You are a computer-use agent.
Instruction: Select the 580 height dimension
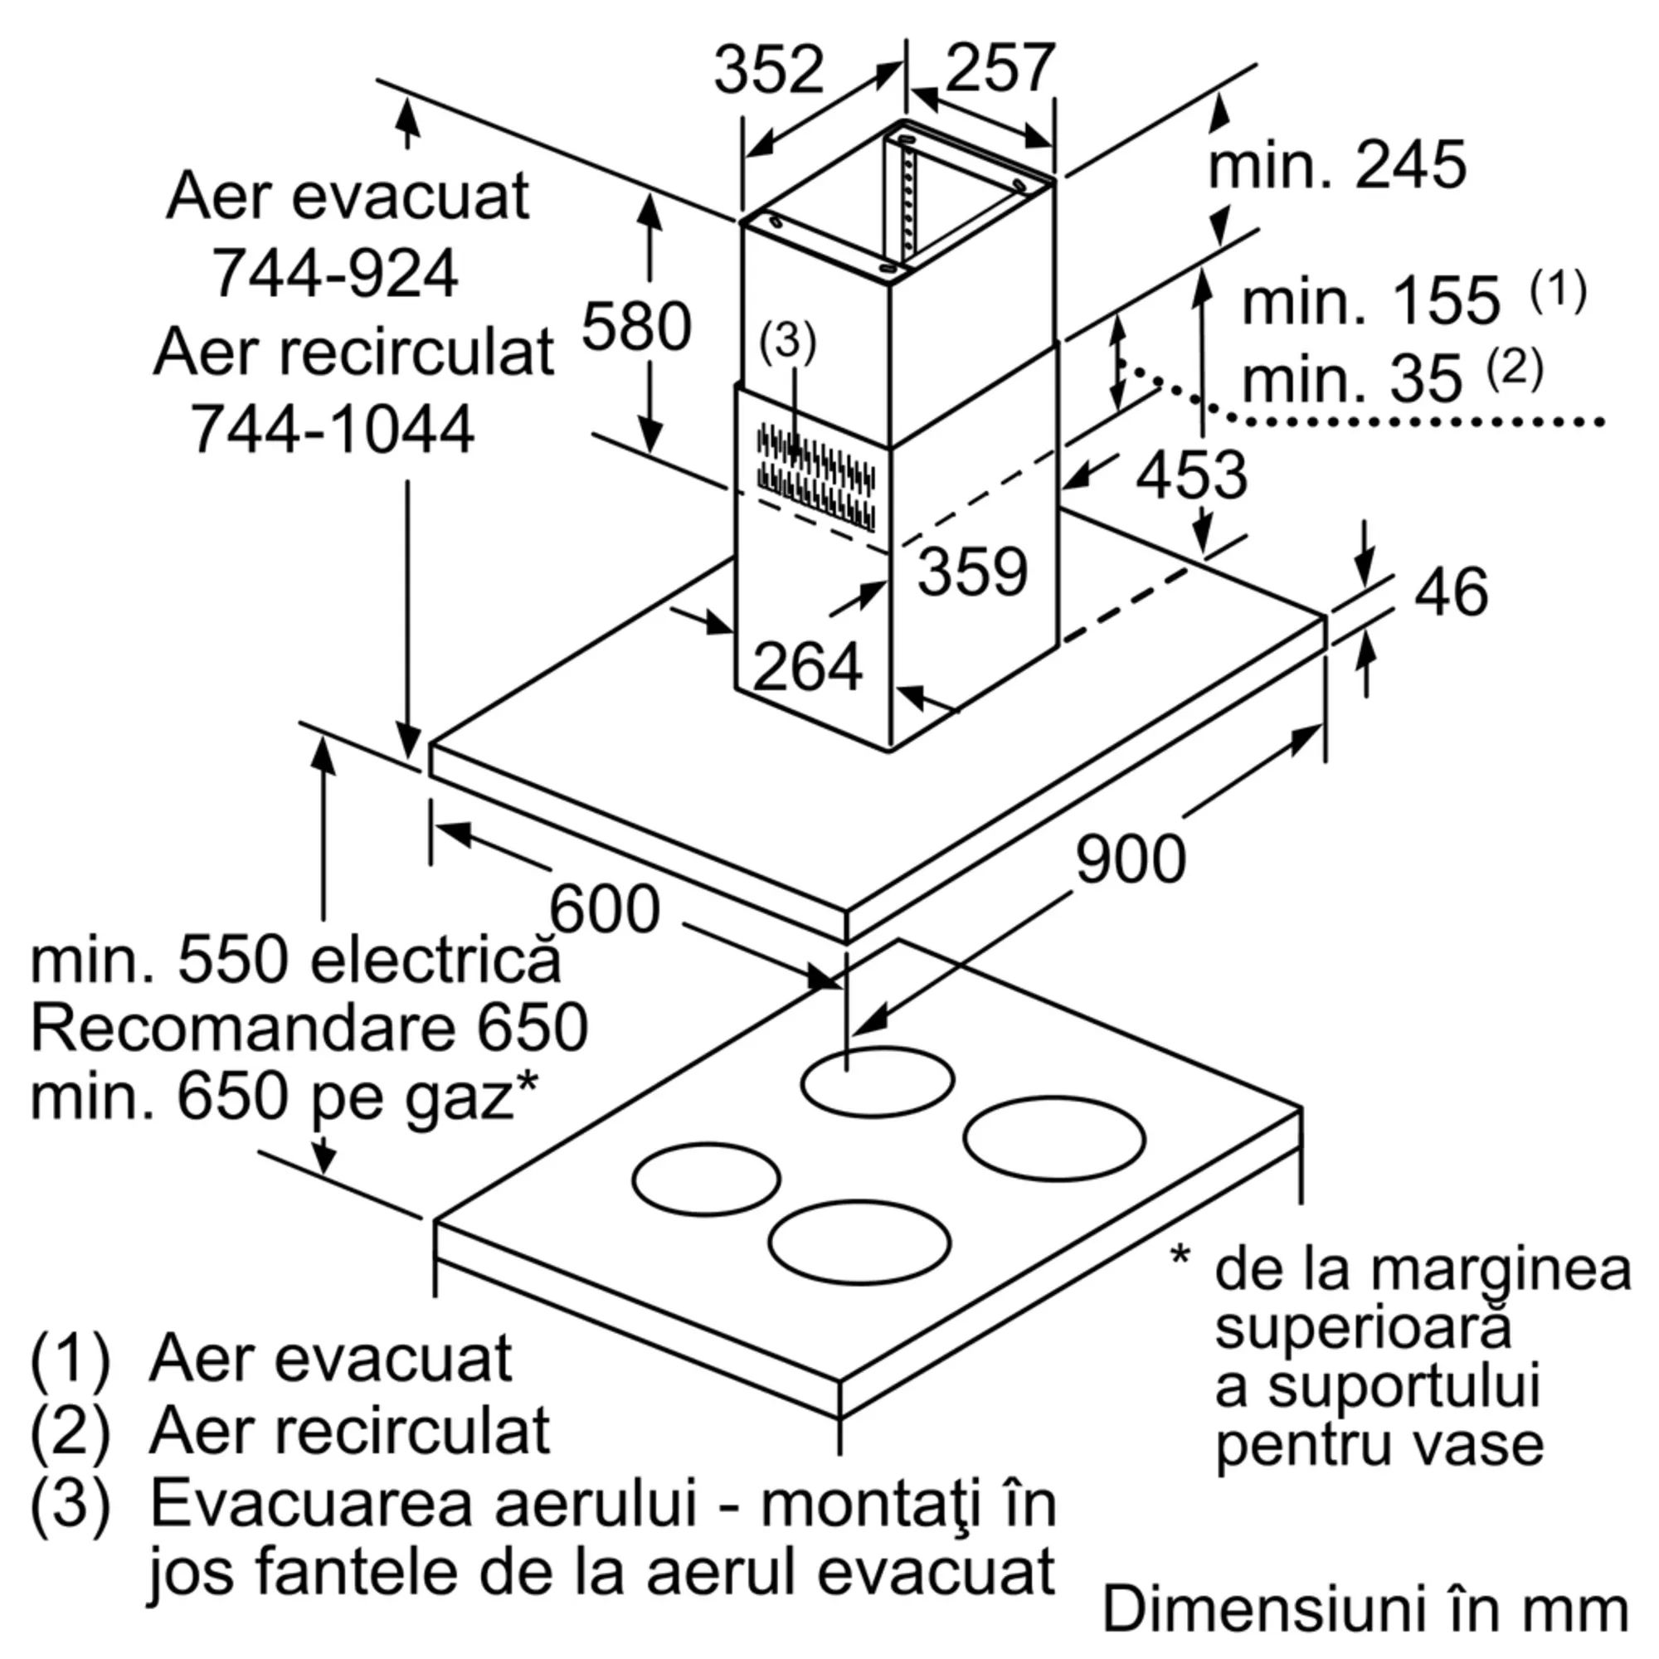(636, 326)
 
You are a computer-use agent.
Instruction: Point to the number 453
(1191, 474)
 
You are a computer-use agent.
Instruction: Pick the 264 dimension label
(807, 665)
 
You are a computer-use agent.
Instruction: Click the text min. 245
(1337, 166)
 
